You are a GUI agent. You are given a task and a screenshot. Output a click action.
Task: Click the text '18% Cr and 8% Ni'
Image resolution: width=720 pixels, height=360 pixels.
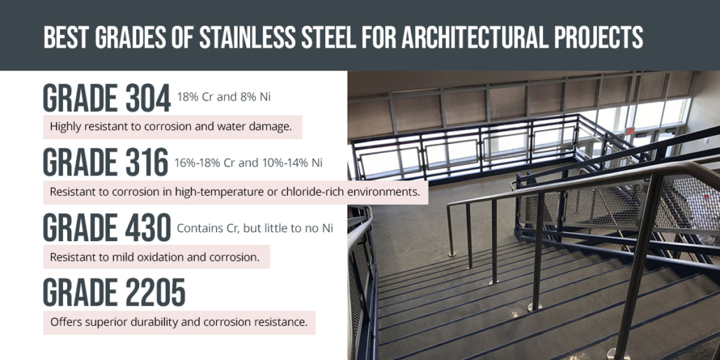coord(224,96)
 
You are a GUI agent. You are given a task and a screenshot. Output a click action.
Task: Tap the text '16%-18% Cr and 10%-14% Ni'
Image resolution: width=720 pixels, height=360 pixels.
coord(249,163)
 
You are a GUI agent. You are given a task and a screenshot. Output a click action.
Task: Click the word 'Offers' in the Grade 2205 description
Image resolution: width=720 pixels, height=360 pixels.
coord(66,322)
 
